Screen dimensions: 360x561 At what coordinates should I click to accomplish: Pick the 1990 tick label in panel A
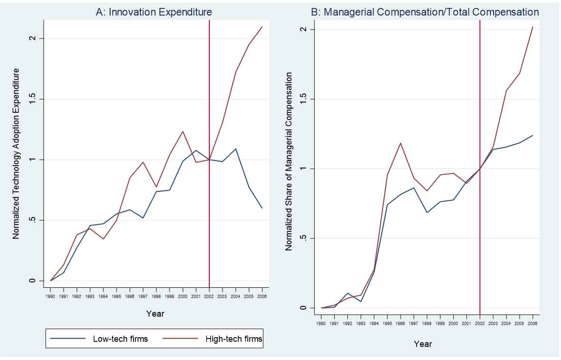point(50,296)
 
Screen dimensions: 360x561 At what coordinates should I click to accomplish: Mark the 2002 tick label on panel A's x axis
point(209,296)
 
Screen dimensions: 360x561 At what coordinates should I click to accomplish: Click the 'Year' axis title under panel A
point(155,313)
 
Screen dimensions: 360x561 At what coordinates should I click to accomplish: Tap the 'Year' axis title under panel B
point(422,343)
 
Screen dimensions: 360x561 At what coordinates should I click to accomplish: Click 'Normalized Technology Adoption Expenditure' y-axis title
point(16,153)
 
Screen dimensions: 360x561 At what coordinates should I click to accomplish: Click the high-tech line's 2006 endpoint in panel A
point(262,27)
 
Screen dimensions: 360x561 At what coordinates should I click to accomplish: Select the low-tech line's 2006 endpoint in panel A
point(262,208)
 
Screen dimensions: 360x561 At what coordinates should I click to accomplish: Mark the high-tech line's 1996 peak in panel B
point(401,143)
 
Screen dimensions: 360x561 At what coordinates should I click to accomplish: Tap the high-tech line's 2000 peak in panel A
point(183,132)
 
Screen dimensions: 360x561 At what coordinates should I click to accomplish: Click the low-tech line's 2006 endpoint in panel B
point(533,135)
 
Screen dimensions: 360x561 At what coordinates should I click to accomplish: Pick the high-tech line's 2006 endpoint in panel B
point(533,27)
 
